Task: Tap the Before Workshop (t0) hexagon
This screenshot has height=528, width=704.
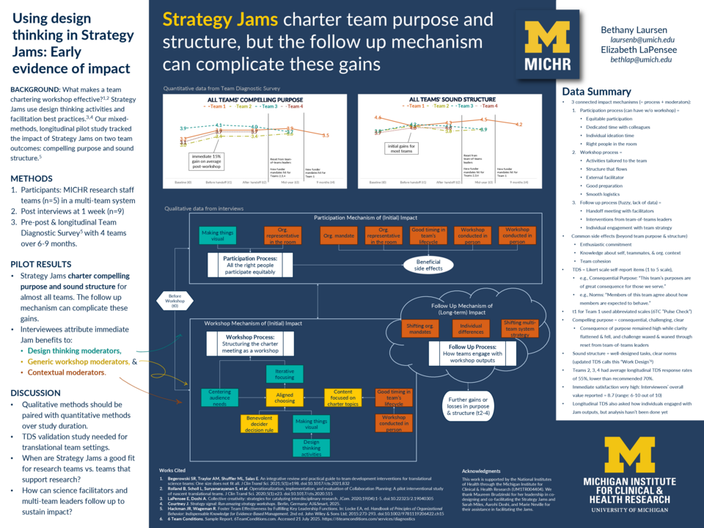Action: click(x=175, y=301)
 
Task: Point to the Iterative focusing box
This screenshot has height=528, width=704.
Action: click(x=285, y=375)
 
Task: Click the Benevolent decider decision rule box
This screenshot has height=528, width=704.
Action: click(x=259, y=423)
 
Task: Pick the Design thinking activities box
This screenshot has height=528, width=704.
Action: click(x=311, y=447)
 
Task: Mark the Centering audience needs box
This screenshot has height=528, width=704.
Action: click(x=219, y=397)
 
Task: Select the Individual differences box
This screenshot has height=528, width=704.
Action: click(x=470, y=328)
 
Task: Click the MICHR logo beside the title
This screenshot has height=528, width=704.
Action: click(x=548, y=45)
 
